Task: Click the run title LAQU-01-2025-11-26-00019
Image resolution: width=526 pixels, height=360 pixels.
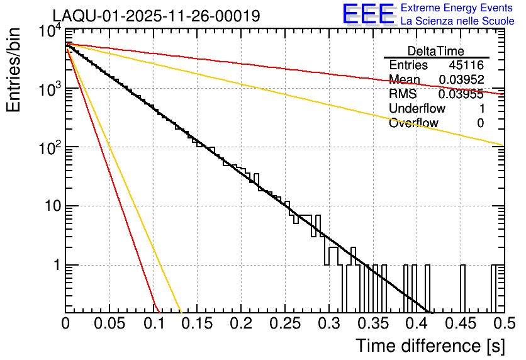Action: [x=156, y=16]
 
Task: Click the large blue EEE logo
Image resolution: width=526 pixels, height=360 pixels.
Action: [x=368, y=14]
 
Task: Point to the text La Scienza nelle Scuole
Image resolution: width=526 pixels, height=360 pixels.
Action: [x=457, y=21]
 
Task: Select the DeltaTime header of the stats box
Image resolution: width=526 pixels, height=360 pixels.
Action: [x=436, y=51]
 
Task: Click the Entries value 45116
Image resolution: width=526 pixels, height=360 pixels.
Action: [x=466, y=65]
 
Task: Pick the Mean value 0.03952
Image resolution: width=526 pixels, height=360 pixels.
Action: [x=461, y=80]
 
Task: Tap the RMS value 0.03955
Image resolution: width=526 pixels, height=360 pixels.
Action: [x=461, y=94]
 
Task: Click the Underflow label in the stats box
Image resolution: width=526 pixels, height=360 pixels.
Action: [x=417, y=109]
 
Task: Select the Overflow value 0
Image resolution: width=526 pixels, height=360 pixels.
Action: [x=481, y=123]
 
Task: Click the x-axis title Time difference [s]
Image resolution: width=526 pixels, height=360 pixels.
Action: [x=429, y=346]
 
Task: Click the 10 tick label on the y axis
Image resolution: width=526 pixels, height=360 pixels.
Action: [x=48, y=206]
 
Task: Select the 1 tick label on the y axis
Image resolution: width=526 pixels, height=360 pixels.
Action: [x=54, y=265]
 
